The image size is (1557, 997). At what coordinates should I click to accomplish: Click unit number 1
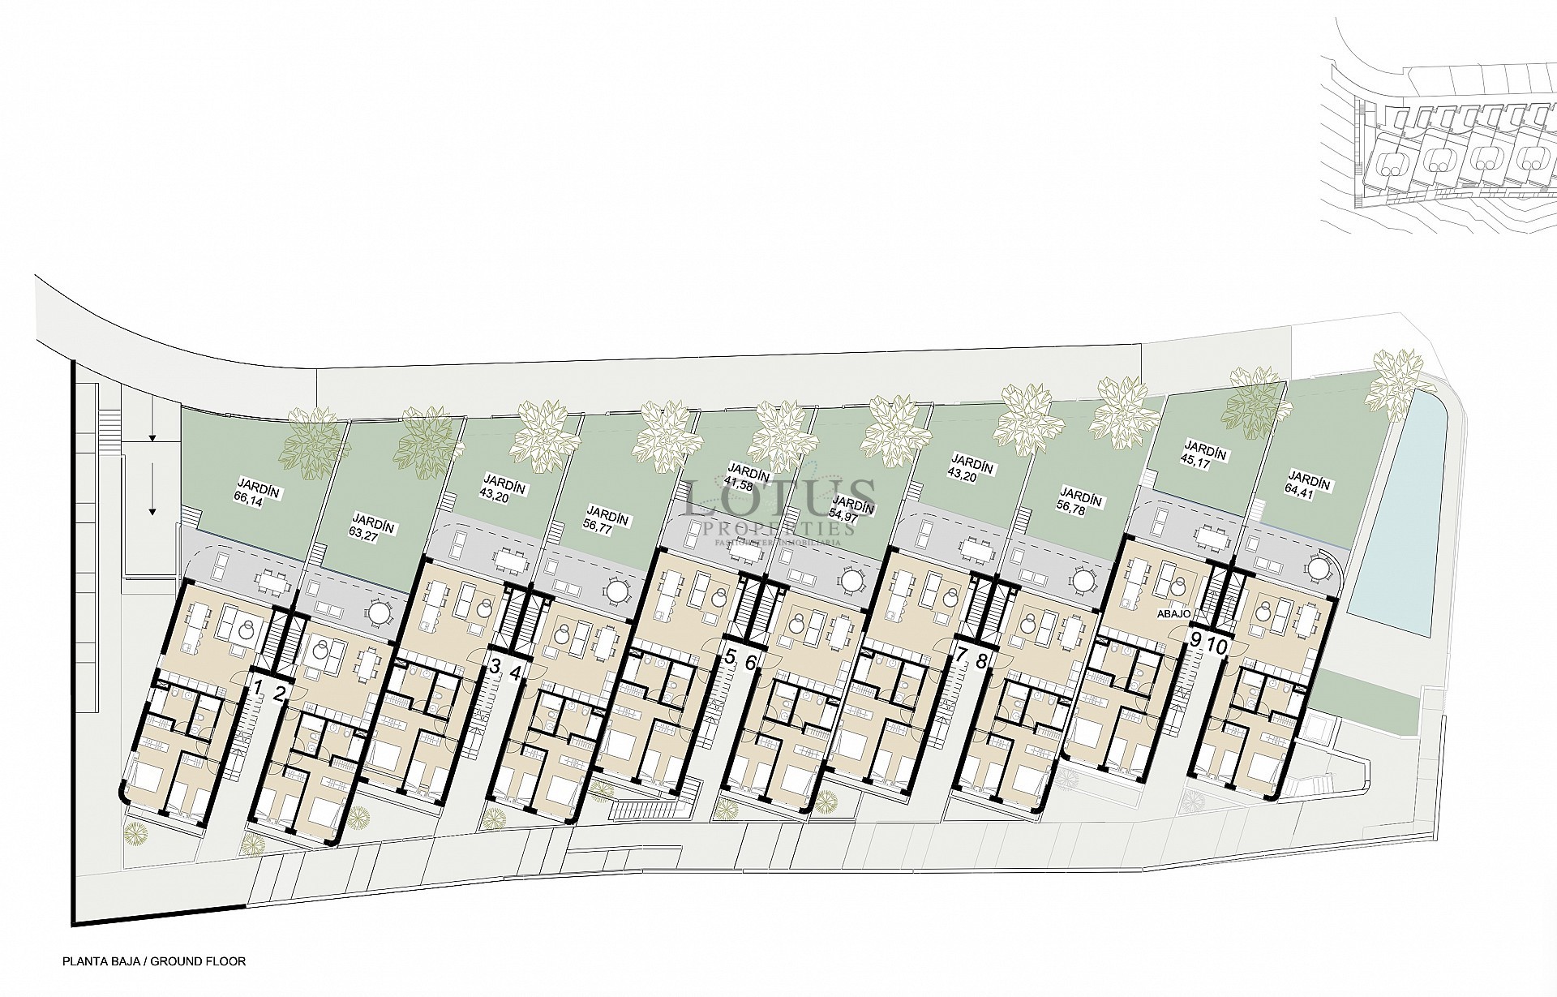point(259,689)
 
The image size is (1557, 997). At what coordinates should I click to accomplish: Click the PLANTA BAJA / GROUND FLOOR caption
point(154,961)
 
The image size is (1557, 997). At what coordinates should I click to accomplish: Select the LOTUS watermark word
point(779,496)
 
